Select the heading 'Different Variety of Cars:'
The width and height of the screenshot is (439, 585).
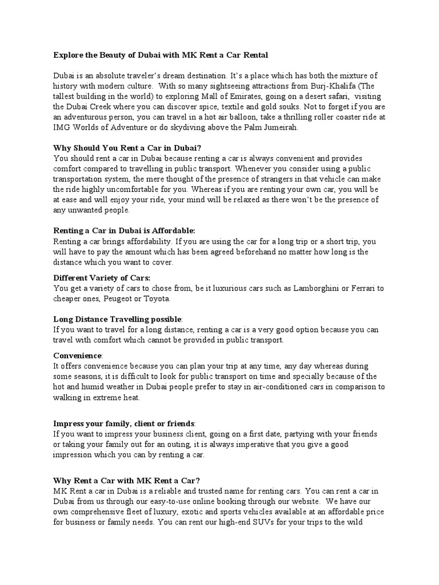coord(102,278)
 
